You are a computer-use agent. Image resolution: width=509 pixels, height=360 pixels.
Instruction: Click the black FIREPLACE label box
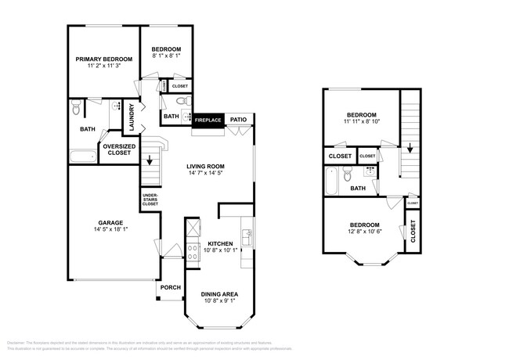click(x=208, y=120)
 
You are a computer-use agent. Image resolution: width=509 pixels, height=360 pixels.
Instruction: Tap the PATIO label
click(x=238, y=120)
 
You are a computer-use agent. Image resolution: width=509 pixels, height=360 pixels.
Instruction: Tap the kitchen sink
click(x=247, y=234)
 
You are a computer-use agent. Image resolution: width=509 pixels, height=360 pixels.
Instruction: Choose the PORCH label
click(x=170, y=287)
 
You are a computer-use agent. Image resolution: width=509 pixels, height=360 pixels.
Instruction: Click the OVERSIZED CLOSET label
click(x=119, y=149)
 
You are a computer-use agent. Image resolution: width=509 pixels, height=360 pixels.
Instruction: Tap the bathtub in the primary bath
click(x=82, y=157)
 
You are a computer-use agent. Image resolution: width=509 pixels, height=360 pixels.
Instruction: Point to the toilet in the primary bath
click(x=75, y=107)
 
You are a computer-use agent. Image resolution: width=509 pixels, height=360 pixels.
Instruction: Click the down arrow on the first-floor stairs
click(x=150, y=162)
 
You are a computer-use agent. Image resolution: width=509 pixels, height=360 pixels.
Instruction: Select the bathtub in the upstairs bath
click(x=331, y=182)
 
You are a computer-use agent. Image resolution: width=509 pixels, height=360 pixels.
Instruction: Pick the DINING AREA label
click(x=219, y=294)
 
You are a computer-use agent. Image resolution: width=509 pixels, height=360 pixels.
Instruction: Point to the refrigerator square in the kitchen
click(x=192, y=228)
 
